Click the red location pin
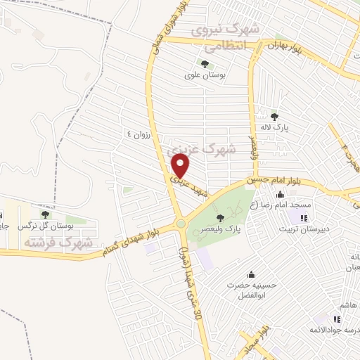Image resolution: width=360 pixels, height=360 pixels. [x=181, y=167]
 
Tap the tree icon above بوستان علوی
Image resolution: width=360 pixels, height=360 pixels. [x=194, y=63]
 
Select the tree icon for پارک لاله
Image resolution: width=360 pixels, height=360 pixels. [x=274, y=117]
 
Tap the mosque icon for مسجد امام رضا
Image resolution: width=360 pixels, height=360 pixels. [x=281, y=195]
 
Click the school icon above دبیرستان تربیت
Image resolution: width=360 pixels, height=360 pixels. [x=304, y=217]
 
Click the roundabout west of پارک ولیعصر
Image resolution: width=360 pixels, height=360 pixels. [x=181, y=224]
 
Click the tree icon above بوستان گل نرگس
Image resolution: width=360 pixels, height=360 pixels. [x=45, y=214]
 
